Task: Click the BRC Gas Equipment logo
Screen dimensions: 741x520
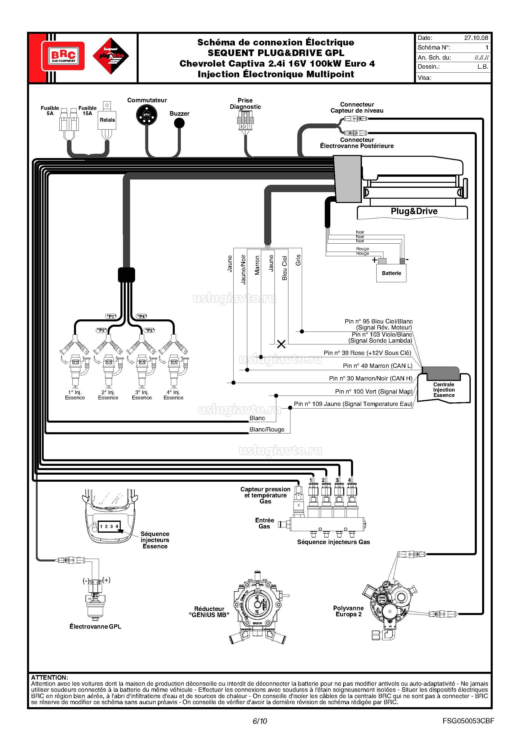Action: [63, 56]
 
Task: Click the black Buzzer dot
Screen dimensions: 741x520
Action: [179, 123]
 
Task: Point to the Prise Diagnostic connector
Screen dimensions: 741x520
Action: [245, 121]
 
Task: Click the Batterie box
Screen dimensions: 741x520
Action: [391, 273]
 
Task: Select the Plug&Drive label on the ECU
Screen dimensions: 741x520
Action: [414, 211]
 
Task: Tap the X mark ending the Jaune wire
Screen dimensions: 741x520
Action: [281, 344]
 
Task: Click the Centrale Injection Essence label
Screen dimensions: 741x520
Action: [444, 390]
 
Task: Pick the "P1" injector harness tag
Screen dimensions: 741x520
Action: [111, 316]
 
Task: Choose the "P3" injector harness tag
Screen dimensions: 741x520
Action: [150, 330]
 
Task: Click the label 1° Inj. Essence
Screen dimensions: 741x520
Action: [75, 395]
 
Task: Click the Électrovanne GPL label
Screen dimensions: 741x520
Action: [95, 626]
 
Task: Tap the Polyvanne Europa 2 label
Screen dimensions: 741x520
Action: [348, 611]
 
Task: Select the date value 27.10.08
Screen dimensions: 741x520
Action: [476, 38]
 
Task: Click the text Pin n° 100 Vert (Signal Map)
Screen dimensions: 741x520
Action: [374, 392]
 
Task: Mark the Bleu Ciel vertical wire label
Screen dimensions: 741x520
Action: [284, 268]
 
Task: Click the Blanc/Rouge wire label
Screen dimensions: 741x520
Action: [267, 429]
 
